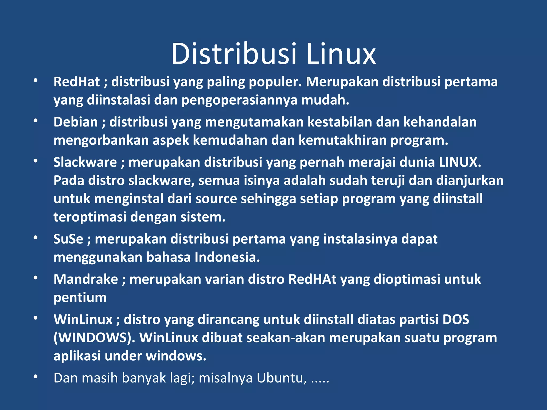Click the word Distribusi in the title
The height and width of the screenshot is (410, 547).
tap(234, 54)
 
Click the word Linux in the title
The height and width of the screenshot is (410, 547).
tap(341, 54)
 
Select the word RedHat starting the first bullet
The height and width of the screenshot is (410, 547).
tap(77, 82)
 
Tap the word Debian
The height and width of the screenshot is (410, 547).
tap(76, 122)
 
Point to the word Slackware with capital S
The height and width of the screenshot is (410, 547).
tap(85, 162)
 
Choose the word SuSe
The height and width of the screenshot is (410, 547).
tap(68, 239)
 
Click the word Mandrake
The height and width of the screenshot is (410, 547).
tap(86, 279)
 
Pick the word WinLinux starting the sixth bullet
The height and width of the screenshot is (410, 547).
tap(83, 320)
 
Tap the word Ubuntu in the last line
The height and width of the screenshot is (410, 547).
tap(282, 378)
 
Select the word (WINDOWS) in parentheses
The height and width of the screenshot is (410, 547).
tap(92, 338)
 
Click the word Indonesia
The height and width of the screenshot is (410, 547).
tap(227, 257)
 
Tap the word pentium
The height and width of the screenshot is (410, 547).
tap(80, 298)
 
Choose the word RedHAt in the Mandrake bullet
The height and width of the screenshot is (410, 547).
tap(312, 279)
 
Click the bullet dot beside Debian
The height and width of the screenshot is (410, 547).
tap(36, 121)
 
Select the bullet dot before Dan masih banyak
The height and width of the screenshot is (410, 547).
tap(36, 377)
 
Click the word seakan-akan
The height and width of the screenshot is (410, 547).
tap(286, 338)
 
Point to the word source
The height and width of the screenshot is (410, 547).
tap(216, 199)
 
